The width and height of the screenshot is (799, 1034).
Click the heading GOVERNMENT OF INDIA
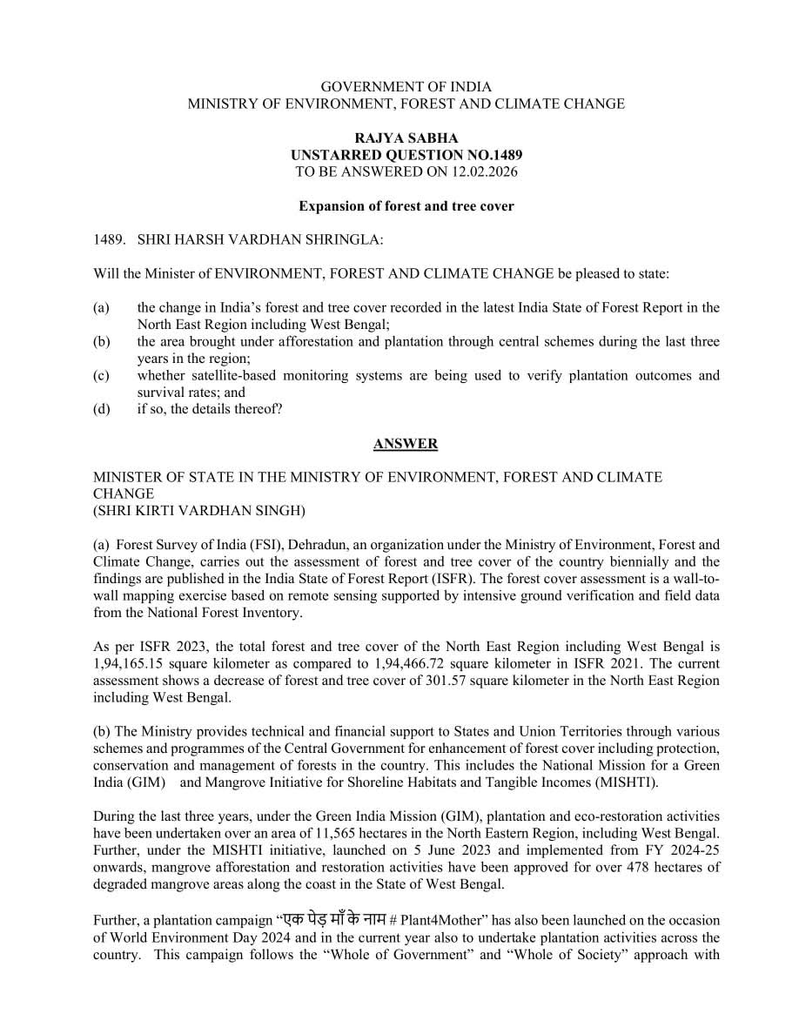click(406, 87)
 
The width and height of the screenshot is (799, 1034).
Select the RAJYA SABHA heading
click(406, 138)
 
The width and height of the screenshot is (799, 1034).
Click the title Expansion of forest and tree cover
click(406, 206)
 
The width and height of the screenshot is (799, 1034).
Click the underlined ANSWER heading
click(406, 444)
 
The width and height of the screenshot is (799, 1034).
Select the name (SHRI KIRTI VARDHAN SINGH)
click(199, 510)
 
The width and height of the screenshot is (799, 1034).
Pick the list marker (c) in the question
click(102, 376)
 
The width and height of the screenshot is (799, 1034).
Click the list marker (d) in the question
click(102, 409)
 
